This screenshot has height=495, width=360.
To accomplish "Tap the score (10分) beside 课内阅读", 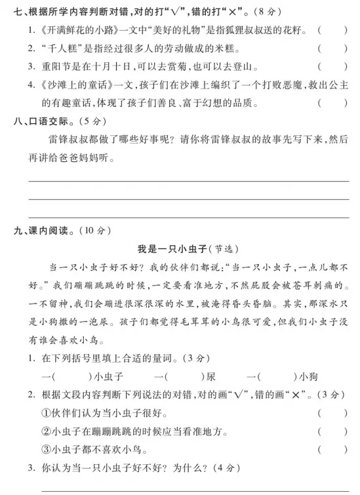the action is tap(96, 229).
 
